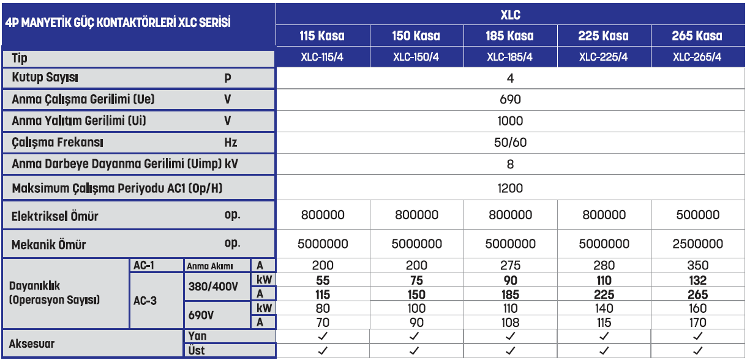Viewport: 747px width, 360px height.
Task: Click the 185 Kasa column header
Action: tap(510, 36)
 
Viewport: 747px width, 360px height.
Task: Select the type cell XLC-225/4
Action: tap(604, 58)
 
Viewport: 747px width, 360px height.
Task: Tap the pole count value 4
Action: tap(510, 78)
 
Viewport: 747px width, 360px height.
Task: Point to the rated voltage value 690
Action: tap(510, 99)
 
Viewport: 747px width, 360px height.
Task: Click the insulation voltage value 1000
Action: tap(510, 121)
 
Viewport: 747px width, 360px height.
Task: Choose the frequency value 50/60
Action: tap(510, 143)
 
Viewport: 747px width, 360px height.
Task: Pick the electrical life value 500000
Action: tap(697, 215)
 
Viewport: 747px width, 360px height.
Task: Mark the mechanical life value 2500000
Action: tap(697, 244)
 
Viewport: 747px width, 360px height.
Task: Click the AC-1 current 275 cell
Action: tap(510, 266)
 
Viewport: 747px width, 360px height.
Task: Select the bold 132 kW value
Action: tap(697, 280)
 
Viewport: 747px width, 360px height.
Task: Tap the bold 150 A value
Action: tap(416, 294)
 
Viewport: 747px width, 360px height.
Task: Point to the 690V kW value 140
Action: tap(604, 309)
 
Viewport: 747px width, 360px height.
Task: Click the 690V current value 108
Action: tap(510, 323)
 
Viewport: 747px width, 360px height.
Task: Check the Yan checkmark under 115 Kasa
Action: tap(323, 336)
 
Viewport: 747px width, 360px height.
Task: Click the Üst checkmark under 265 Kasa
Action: tap(697, 351)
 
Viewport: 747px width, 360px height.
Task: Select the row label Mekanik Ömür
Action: tap(49, 245)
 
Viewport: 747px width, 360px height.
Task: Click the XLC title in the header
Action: tap(510, 13)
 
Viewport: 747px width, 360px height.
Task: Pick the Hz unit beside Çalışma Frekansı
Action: tap(230, 143)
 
